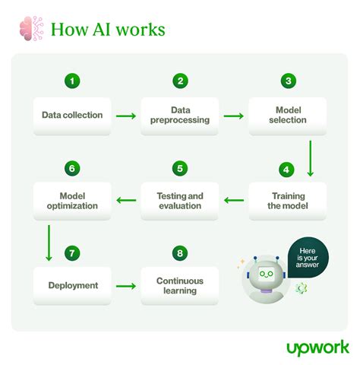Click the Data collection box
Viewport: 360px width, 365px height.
point(72,115)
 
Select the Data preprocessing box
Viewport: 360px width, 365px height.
point(180,115)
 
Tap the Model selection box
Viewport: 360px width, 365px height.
point(288,115)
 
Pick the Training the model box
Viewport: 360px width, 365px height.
point(288,201)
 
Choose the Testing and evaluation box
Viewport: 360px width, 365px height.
point(180,201)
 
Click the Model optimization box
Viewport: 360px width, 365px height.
point(72,201)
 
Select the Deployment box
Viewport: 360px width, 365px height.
point(72,285)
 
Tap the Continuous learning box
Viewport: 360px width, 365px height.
point(180,285)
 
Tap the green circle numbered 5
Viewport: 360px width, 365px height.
point(180,168)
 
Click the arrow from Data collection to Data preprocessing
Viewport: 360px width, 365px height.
point(126,116)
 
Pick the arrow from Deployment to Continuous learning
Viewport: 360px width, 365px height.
point(126,286)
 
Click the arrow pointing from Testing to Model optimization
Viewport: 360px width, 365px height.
point(126,201)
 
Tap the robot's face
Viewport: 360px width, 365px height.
point(267,275)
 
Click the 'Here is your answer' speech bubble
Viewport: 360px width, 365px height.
point(308,259)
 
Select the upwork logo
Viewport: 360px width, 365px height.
point(317,347)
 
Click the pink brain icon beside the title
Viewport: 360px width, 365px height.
point(30,30)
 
